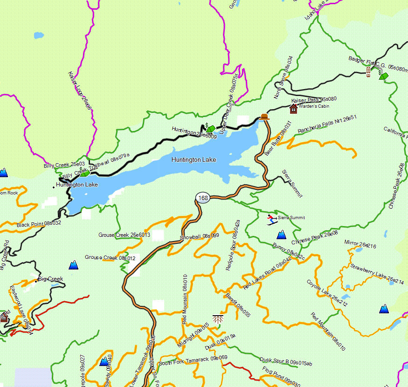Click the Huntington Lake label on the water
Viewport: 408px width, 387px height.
tap(194, 160)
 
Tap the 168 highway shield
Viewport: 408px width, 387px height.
tap(203, 198)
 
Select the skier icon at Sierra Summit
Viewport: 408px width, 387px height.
tap(271, 219)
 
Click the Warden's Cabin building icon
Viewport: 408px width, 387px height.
tap(293, 109)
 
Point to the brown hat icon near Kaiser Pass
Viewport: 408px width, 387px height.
tap(264, 117)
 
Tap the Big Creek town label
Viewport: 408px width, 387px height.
tap(50, 279)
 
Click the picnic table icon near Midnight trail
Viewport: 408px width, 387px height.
tap(217, 319)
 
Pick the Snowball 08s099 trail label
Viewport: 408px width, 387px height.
tap(200, 236)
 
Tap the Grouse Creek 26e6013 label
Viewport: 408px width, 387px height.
tap(124, 235)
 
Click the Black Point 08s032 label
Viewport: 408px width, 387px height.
tap(39, 224)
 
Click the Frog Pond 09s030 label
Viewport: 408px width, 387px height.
tap(281, 376)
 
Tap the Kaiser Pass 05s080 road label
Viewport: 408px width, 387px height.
tap(314, 100)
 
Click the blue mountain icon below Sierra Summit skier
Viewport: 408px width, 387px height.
tap(281, 235)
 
